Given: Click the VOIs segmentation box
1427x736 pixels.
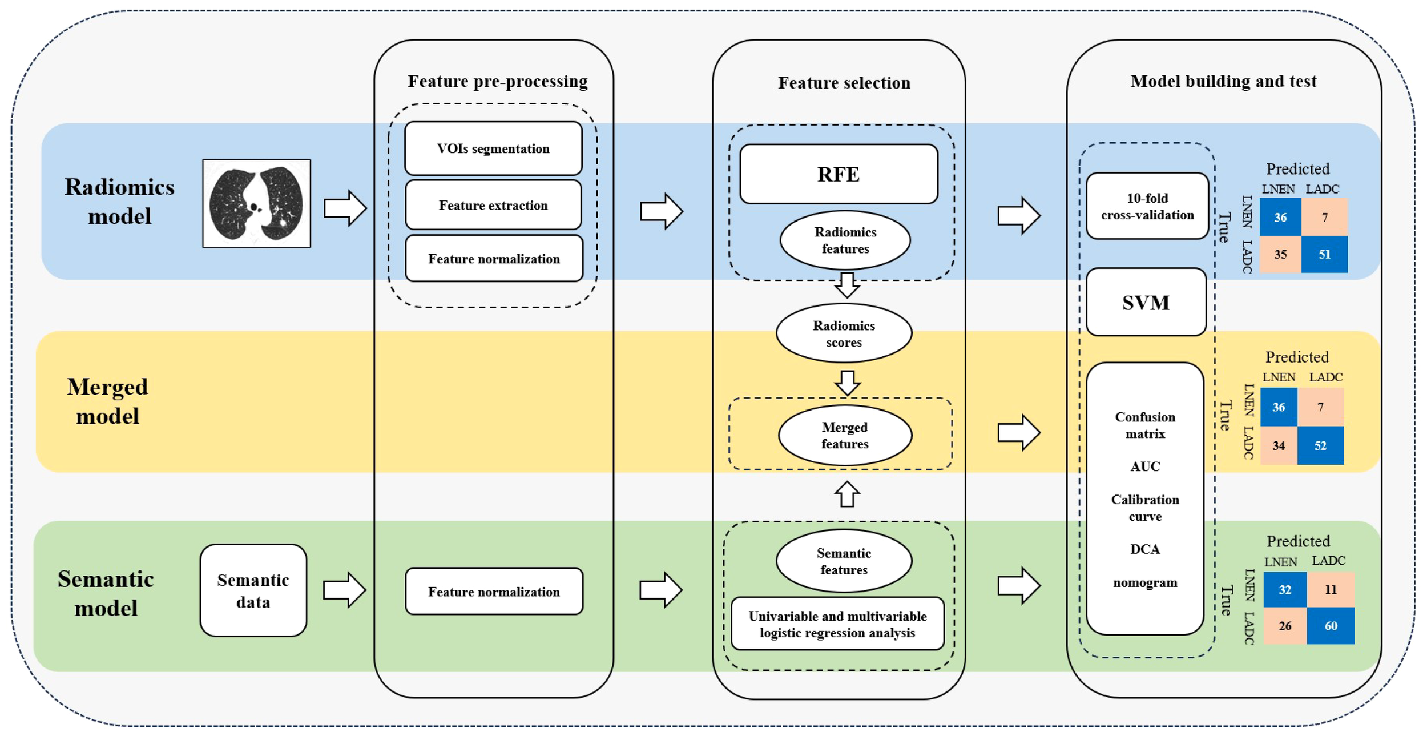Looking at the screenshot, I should (493, 148).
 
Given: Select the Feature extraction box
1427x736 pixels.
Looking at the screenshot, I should (493, 205).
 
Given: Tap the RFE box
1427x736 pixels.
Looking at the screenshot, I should (838, 174).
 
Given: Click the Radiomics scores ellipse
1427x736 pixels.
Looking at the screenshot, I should (844, 333).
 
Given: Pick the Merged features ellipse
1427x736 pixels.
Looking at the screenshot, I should (844, 435).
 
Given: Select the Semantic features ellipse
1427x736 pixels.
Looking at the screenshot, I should (844, 561).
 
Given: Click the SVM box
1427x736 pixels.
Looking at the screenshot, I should (1146, 302).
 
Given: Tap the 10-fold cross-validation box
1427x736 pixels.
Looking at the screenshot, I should (1147, 206).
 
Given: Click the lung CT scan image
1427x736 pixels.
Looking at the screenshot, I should (256, 203).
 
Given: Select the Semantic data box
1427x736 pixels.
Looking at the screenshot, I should (253, 590).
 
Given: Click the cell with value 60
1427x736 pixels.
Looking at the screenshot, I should (1330, 626).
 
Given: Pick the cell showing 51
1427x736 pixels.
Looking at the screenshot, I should (1324, 254).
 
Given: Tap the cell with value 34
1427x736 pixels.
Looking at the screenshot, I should (1278, 445).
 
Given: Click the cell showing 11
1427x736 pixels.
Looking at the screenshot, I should (1330, 589).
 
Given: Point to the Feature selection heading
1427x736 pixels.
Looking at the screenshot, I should (844, 83).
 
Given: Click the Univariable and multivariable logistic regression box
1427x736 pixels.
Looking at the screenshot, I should (837, 624).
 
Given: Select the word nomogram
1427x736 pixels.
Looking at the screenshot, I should (1144, 582).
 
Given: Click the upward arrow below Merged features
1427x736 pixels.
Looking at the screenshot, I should (847, 494).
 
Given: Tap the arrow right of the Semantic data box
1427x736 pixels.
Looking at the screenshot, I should (344, 589).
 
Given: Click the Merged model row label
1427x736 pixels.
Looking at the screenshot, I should (107, 401).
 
